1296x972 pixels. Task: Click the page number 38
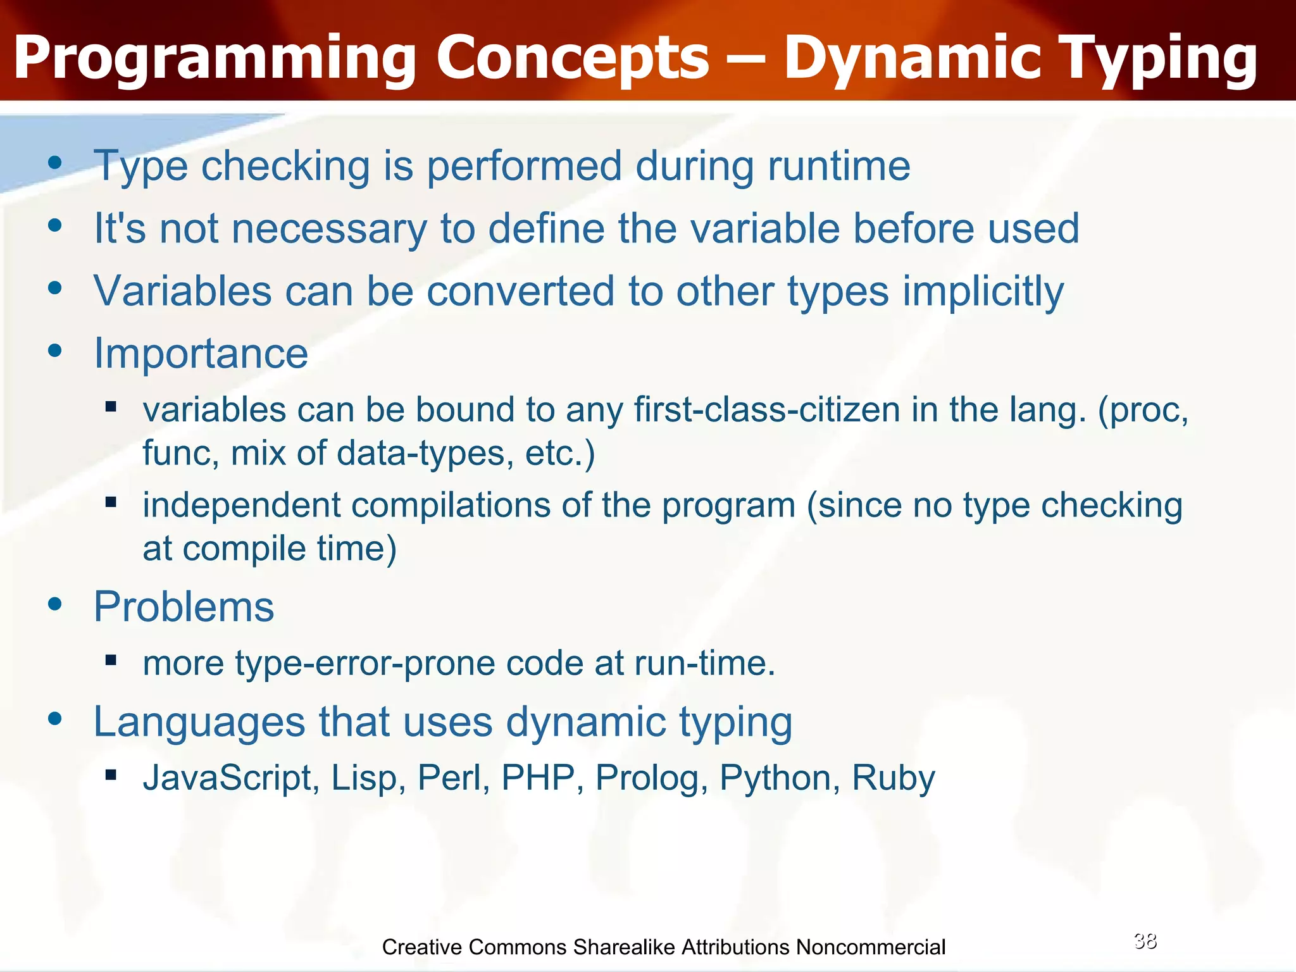[x=1145, y=941]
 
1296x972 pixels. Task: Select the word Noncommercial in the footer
[x=871, y=947]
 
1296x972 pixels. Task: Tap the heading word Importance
[x=201, y=353]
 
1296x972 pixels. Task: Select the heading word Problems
[x=184, y=606]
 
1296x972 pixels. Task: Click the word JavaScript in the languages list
[x=231, y=778]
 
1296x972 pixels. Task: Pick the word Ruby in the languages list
[x=893, y=778]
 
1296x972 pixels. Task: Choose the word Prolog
[x=651, y=778]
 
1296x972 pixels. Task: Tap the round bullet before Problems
[x=56, y=604]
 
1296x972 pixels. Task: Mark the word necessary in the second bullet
[x=330, y=228]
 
